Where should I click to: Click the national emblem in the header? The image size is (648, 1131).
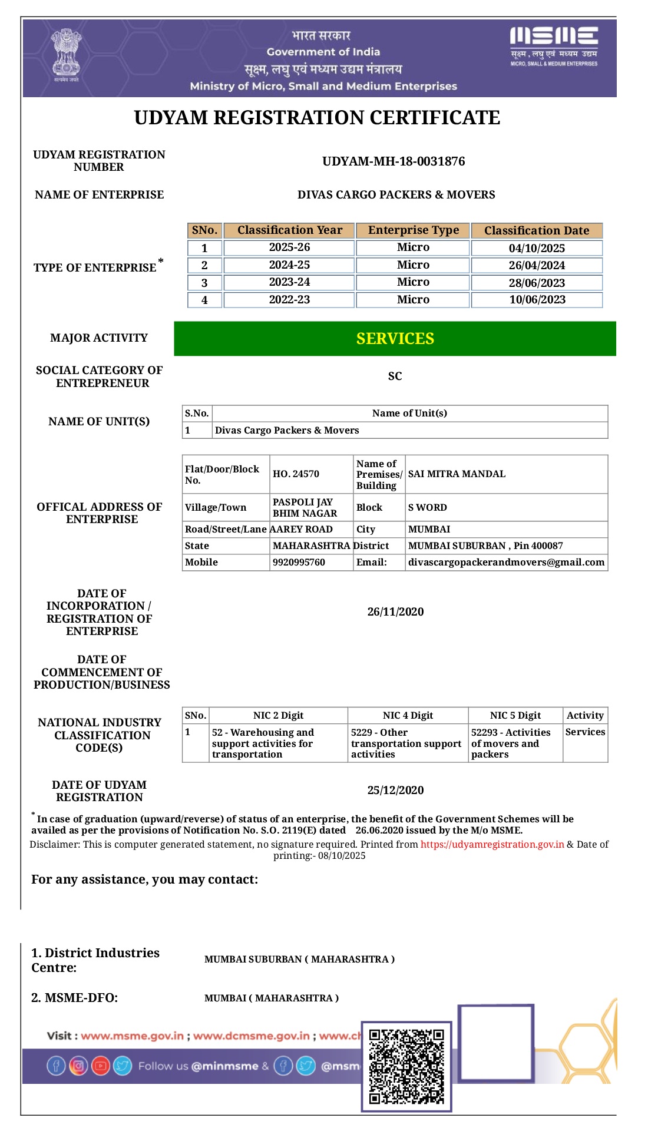pos(65,57)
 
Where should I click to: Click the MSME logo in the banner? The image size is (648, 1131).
pos(554,46)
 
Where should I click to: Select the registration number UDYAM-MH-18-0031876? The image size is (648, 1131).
pos(394,161)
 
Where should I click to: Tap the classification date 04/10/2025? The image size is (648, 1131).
pos(537,248)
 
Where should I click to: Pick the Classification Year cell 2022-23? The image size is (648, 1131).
pos(289,300)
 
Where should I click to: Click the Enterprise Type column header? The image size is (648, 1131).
pos(413,230)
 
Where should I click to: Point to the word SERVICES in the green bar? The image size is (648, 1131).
pos(395,339)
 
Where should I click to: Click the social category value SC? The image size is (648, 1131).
pos(395,376)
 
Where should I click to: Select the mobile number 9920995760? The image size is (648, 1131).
pos(299,563)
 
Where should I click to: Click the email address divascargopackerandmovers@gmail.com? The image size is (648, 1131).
pos(506,563)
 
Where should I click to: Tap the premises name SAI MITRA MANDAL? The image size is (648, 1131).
pos(457,474)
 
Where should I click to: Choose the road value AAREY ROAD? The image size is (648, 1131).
pos(301,530)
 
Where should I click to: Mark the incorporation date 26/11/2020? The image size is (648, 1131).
pos(395,612)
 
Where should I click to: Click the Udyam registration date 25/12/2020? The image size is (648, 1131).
pos(395,791)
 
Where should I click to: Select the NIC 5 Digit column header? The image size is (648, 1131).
pos(515,716)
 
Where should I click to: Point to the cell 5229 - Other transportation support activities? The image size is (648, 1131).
pos(406,743)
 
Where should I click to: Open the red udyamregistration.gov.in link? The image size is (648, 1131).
pos(492,845)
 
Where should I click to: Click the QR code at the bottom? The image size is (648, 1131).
pos(406,1066)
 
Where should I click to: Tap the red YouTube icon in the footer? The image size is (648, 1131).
pos(101,1066)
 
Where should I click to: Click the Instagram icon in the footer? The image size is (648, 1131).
pos(78,1066)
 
